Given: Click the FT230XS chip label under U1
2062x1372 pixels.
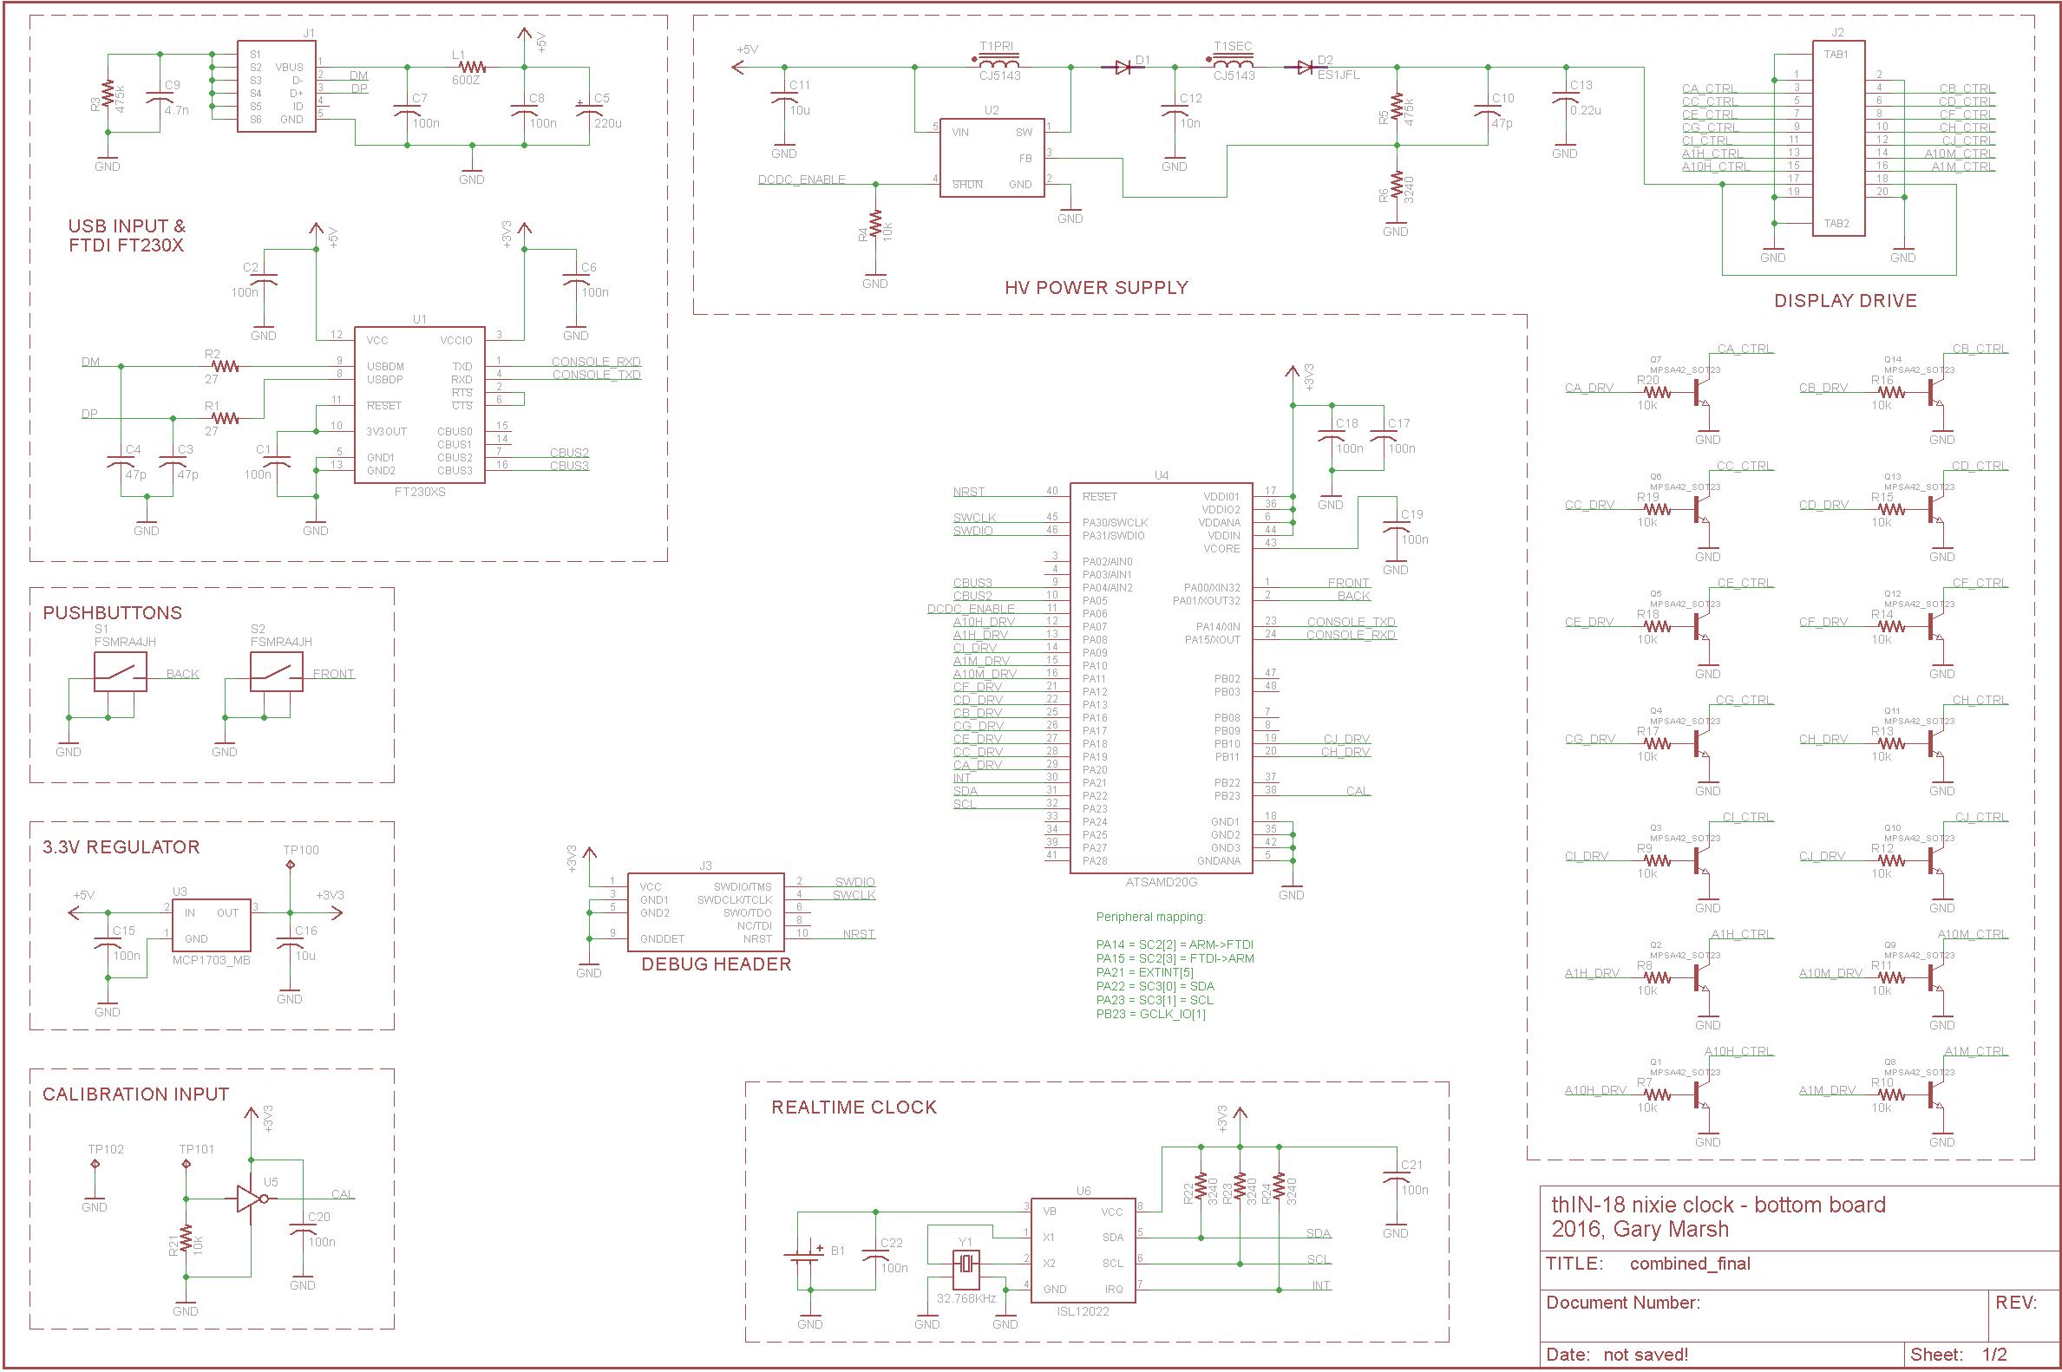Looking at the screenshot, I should coord(419,492).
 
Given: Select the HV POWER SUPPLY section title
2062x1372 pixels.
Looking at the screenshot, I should coord(1096,288).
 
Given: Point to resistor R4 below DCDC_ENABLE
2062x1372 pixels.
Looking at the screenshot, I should coord(875,225).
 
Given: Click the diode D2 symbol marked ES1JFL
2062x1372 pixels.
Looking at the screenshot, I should coord(1305,67).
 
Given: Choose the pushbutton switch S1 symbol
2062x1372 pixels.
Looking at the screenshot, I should coord(120,672).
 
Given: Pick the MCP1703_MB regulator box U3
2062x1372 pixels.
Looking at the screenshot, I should coord(211,924).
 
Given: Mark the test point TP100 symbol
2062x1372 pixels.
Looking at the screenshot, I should coord(291,865).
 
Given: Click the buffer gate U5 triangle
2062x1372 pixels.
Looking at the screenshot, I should coord(250,1199).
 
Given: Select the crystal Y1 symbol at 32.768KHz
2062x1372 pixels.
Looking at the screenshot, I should coord(966,1264).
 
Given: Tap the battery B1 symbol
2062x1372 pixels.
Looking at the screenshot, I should coord(802,1258).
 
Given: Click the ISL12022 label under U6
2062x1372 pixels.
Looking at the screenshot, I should coord(1083,1310).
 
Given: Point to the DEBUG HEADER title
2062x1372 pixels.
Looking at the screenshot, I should coord(716,964).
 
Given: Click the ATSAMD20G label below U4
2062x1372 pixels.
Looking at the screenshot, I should coord(1161,882).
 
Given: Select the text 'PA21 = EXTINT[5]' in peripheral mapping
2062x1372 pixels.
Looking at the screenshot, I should coord(1144,972).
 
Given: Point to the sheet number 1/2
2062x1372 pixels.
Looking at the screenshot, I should coord(1993,1355).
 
